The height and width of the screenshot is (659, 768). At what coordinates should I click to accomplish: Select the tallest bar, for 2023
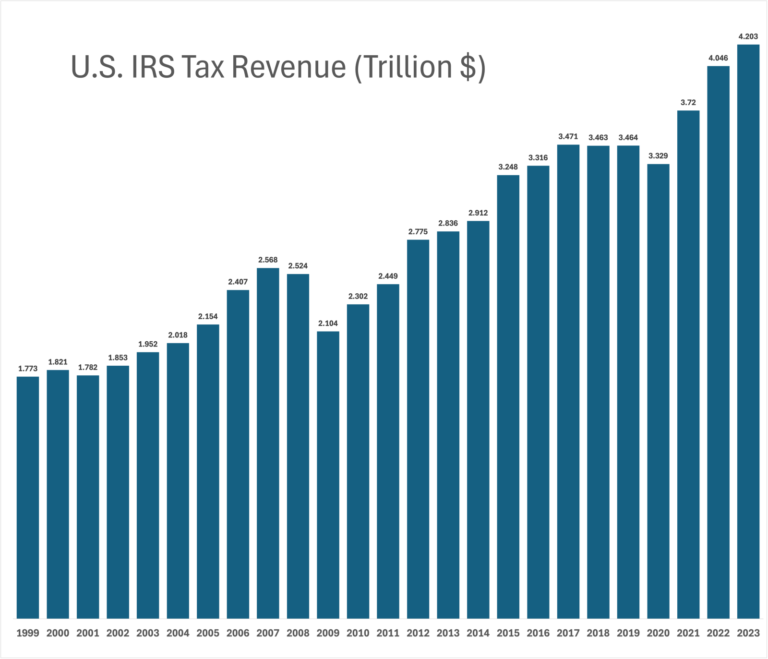748,331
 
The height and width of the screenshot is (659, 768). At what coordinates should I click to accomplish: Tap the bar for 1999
28,497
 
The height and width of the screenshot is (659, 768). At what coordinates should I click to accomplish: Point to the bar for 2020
658,391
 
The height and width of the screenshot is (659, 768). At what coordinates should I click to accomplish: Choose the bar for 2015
508,396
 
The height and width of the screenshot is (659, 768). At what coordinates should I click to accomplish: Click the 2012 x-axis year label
418,633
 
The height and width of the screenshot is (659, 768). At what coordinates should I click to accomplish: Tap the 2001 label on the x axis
88,633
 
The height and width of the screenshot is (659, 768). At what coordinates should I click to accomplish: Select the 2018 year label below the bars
598,633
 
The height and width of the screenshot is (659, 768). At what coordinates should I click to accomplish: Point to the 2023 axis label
748,633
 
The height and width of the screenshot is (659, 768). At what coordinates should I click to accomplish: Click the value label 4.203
748,36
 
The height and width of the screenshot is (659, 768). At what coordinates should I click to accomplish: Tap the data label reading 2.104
328,324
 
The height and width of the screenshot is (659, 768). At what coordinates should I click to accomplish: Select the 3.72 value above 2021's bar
688,103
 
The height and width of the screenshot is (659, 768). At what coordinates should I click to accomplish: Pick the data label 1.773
28,369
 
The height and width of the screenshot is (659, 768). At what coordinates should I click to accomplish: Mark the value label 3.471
568,137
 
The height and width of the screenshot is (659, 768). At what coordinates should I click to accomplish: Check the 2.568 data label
268,260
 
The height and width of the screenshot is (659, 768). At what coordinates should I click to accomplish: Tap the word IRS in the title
153,67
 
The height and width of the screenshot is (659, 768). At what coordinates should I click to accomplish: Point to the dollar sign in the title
468,67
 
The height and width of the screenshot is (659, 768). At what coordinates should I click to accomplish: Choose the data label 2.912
478,213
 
